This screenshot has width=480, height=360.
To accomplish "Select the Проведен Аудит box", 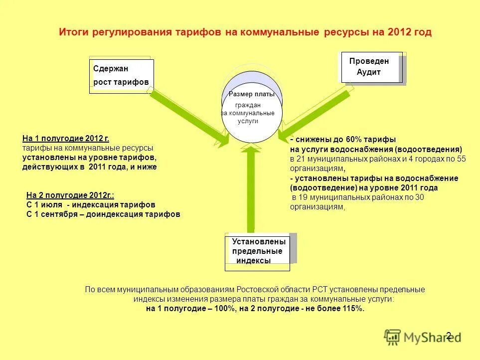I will pyautogui.click(x=371, y=67).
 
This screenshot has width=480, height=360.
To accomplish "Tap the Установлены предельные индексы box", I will pyautogui.click(x=257, y=251).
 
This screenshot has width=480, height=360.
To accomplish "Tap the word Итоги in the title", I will pyautogui.click(x=73, y=32).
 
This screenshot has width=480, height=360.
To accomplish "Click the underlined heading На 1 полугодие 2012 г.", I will pyautogui.click(x=66, y=139).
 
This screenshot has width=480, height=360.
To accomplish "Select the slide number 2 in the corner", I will pyautogui.click(x=449, y=336).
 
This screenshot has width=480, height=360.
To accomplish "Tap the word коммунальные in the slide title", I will pyautogui.click(x=279, y=32).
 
